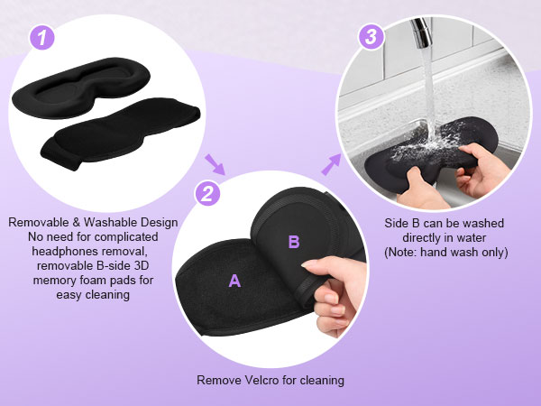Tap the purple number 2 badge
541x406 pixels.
coord(208,193)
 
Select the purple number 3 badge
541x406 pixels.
coord(369,38)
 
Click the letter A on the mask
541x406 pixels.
coord(234,281)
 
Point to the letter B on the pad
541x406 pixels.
coord(293,241)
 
